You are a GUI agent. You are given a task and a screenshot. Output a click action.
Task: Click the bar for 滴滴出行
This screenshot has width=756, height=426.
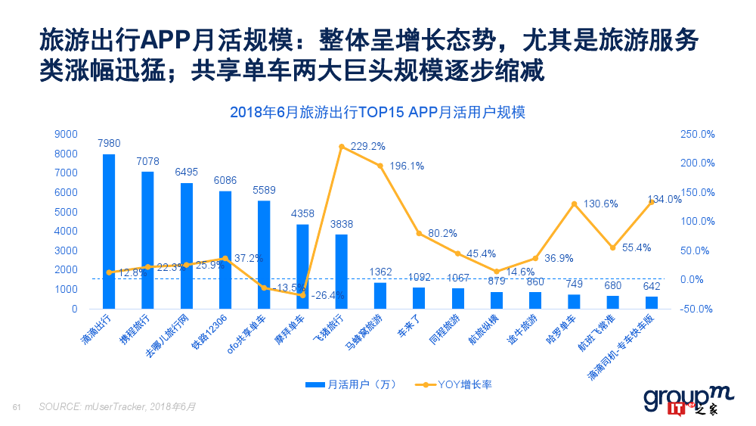point(109,232)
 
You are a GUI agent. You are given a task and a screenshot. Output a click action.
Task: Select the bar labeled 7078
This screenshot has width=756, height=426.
point(147,241)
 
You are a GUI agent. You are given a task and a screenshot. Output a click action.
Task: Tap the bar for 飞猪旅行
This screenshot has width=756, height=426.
point(341,272)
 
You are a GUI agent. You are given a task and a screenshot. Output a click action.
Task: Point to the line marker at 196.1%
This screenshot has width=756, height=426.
point(380,165)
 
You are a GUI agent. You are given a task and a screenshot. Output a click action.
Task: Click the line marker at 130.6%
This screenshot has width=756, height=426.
point(574,204)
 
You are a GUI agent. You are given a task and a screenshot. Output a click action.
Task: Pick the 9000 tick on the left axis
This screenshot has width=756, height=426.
point(67,134)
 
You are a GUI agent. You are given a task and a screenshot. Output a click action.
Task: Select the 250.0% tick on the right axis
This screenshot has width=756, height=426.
point(698,134)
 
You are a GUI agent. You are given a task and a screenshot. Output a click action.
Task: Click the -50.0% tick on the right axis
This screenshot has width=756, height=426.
point(698,309)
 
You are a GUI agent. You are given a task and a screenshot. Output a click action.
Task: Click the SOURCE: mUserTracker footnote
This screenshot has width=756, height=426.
point(117,407)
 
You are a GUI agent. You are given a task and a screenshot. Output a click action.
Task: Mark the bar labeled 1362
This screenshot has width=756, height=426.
point(380,296)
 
